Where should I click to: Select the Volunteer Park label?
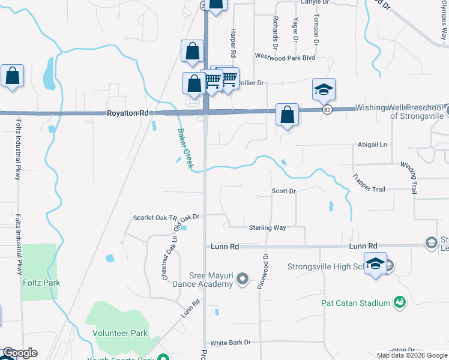pyautogui.click(x=120, y=332)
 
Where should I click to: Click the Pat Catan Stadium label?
pyautogui.click(x=355, y=303)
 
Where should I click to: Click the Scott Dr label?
pyautogui.click(x=284, y=191)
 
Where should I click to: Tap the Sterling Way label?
pyautogui.click(x=268, y=227)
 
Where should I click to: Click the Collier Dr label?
pyautogui.click(x=252, y=83)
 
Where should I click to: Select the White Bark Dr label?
pyautogui.click(x=231, y=343)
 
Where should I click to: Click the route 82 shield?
pyautogui.click(x=327, y=110)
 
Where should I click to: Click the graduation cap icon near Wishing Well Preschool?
pyautogui.click(x=324, y=90)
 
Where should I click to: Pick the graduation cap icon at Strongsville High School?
pyautogui.click(x=376, y=265)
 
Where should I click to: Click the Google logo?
pyautogui.click(x=19, y=353)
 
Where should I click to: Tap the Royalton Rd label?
pyautogui.click(x=127, y=113)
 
